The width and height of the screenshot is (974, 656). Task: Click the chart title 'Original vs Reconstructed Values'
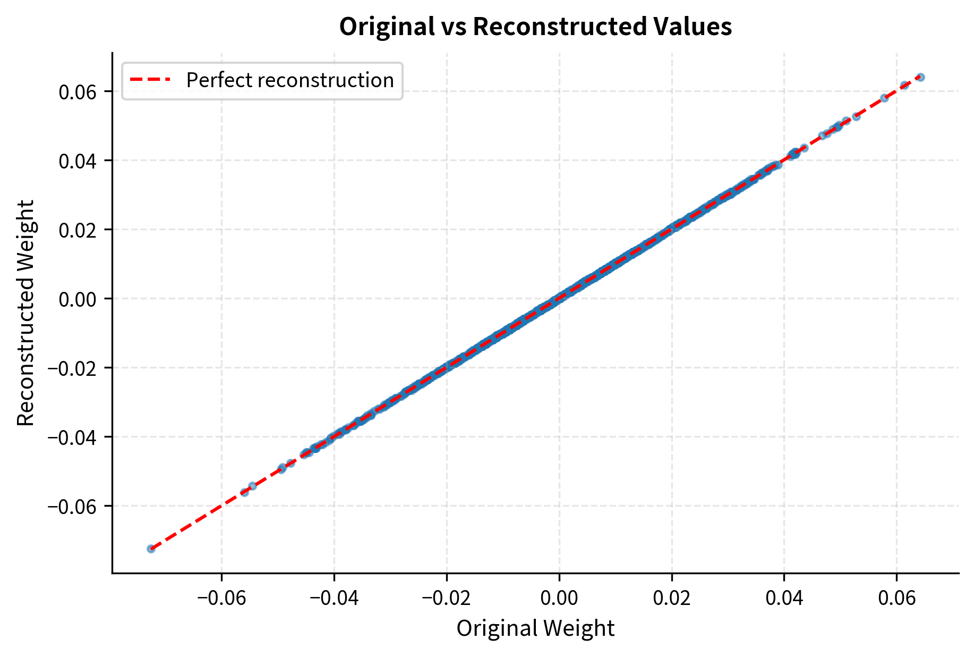coord(535,27)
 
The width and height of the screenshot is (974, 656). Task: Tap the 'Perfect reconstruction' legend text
coord(290,80)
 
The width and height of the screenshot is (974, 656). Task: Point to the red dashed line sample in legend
coord(150,80)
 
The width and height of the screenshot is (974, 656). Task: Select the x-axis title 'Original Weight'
coord(535,628)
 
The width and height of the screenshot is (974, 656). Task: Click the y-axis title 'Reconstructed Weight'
coord(25,313)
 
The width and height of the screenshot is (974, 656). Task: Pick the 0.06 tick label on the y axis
coord(77,92)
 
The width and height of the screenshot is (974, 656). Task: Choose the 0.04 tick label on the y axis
coord(77,161)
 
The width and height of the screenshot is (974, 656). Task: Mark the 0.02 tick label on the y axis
coord(77,230)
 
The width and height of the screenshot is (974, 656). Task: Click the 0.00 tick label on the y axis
coord(77,299)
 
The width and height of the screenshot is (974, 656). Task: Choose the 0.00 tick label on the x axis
coord(559,598)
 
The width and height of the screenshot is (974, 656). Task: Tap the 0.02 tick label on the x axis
coord(672,598)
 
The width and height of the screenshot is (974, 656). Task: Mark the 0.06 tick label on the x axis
coord(897,598)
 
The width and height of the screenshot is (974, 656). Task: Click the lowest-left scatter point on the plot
coord(151,549)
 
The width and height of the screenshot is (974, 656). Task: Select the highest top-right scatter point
coord(920,78)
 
